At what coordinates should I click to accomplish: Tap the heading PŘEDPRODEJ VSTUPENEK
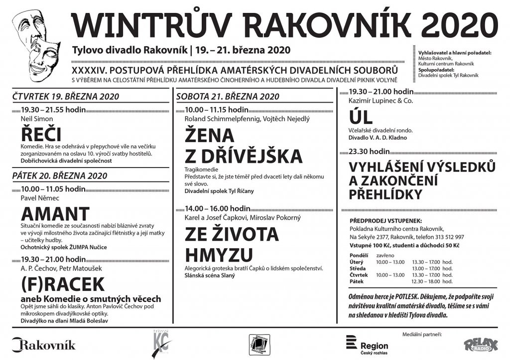coord(386,220)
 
